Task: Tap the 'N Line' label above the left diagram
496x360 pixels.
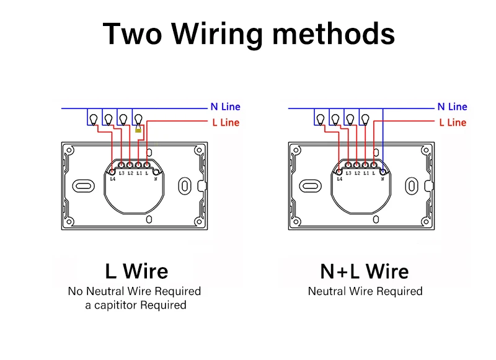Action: pyautogui.click(x=226, y=107)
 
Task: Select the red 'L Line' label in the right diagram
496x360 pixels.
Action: pyautogui.click(x=453, y=123)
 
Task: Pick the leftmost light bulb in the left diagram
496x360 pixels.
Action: pyautogui.click(x=93, y=118)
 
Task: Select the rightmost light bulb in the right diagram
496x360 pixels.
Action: pyautogui.click(x=365, y=118)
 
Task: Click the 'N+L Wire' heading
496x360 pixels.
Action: pyautogui.click(x=364, y=271)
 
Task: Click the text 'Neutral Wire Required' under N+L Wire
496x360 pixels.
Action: pyautogui.click(x=365, y=291)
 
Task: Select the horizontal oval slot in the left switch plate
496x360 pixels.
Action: pyautogui.click(x=83, y=185)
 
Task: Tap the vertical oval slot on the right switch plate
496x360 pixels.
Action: pyautogui.click(x=411, y=185)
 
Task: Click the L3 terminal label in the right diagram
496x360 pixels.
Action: pyautogui.click(x=348, y=173)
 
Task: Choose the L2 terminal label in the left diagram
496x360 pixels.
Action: pyautogui.click(x=130, y=173)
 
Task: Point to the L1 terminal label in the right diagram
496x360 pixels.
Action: pyautogui.click(x=366, y=173)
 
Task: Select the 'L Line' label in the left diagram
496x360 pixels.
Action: pyautogui.click(x=226, y=123)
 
